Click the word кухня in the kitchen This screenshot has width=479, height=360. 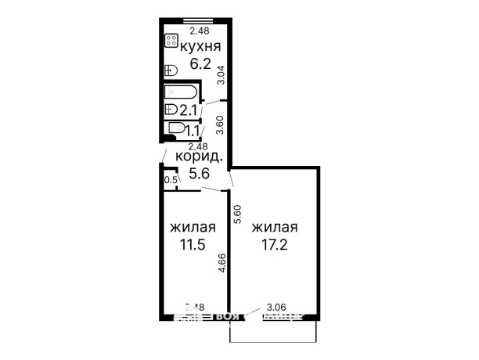pos(199,49)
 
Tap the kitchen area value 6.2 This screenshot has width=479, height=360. pos(199,65)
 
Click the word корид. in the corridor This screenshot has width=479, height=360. pos(200,158)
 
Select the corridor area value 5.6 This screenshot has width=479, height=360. pos(200,175)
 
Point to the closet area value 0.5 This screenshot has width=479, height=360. pos(170,181)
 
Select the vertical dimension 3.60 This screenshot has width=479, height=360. pos(221,126)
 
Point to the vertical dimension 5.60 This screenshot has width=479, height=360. pos(237,214)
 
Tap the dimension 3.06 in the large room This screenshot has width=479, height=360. pos(276,308)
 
